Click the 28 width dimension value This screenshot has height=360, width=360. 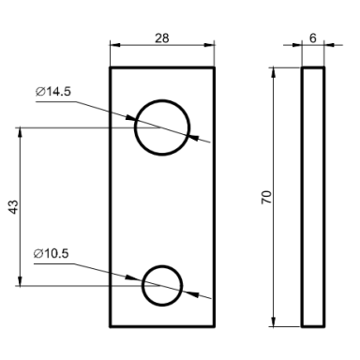pyautogui.click(x=162, y=38)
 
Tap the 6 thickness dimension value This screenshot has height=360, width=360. pyautogui.click(x=313, y=38)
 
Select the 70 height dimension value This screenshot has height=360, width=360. pyautogui.click(x=267, y=197)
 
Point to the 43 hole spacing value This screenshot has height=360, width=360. pyautogui.click(x=13, y=207)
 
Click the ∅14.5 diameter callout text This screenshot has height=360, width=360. pyautogui.click(x=53, y=92)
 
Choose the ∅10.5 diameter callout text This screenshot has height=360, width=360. pyautogui.click(x=51, y=253)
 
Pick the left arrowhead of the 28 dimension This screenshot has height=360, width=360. pyautogui.click(x=115, y=45)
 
